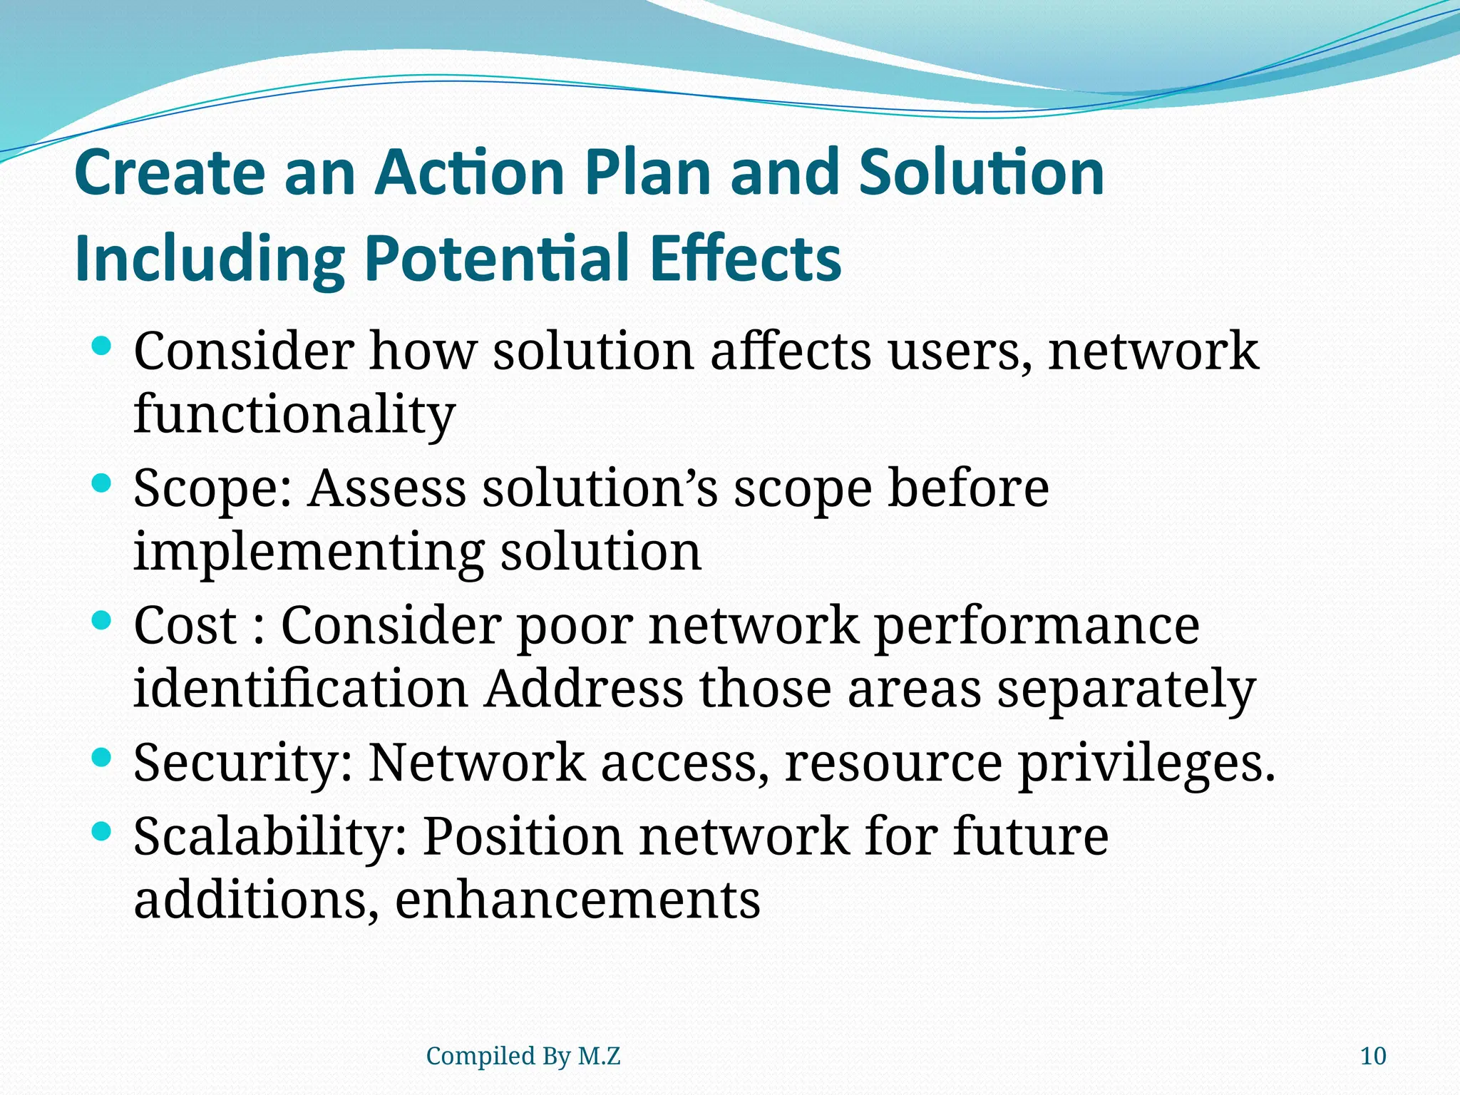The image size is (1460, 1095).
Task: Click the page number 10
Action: pos(1373,1056)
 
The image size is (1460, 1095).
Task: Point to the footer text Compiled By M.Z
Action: pos(523,1056)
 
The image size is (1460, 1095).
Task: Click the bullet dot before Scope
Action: pos(103,484)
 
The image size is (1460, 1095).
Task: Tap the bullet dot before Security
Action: pos(103,757)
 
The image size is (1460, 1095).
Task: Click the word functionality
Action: pos(294,414)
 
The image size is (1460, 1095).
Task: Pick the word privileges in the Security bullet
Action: pos(1146,764)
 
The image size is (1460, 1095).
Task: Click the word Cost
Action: pos(185,625)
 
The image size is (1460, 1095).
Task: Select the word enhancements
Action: pos(577,900)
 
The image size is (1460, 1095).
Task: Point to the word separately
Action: pos(1126,690)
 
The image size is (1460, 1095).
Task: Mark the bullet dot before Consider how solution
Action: pos(103,347)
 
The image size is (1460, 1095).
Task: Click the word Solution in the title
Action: pos(982,173)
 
